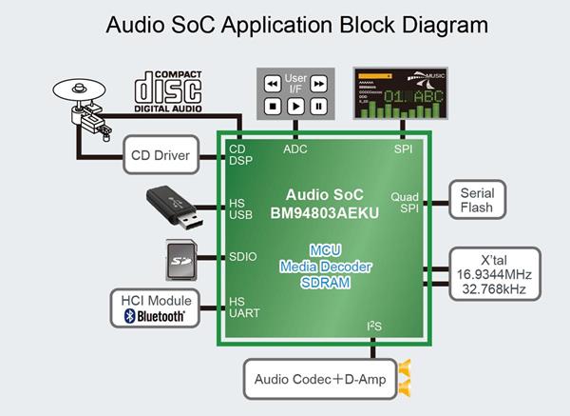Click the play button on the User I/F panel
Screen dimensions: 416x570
tap(296, 107)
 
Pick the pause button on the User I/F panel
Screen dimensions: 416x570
tap(319, 107)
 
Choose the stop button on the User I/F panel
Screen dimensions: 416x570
tap(273, 107)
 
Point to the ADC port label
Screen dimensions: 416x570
tap(295, 149)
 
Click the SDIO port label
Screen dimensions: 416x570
tap(245, 256)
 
